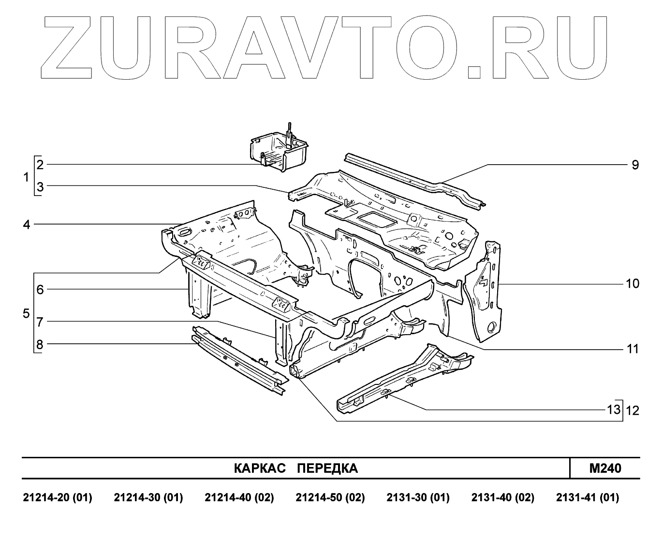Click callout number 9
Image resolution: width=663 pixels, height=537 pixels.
click(x=635, y=165)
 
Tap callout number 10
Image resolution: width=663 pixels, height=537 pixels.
click(x=633, y=283)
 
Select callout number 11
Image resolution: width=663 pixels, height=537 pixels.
click(x=633, y=349)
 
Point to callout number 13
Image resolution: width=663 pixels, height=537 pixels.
click(x=614, y=410)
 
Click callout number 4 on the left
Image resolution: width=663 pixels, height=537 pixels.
click(x=27, y=225)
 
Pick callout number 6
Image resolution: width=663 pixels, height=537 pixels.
click(x=40, y=290)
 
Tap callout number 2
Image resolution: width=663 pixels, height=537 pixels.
click(x=40, y=165)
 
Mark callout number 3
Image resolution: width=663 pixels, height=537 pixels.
click(x=40, y=187)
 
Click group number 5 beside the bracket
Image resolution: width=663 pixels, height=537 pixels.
click(x=26, y=313)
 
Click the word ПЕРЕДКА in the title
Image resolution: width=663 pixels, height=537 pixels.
click(x=327, y=468)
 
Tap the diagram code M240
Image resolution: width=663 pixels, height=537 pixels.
click(x=605, y=468)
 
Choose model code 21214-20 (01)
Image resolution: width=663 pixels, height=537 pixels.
click(x=58, y=497)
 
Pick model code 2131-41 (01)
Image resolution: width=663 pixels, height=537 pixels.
click(x=587, y=497)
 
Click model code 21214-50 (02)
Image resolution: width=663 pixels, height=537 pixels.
click(x=330, y=497)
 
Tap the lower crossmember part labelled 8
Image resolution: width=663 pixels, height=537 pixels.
click(x=237, y=360)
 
